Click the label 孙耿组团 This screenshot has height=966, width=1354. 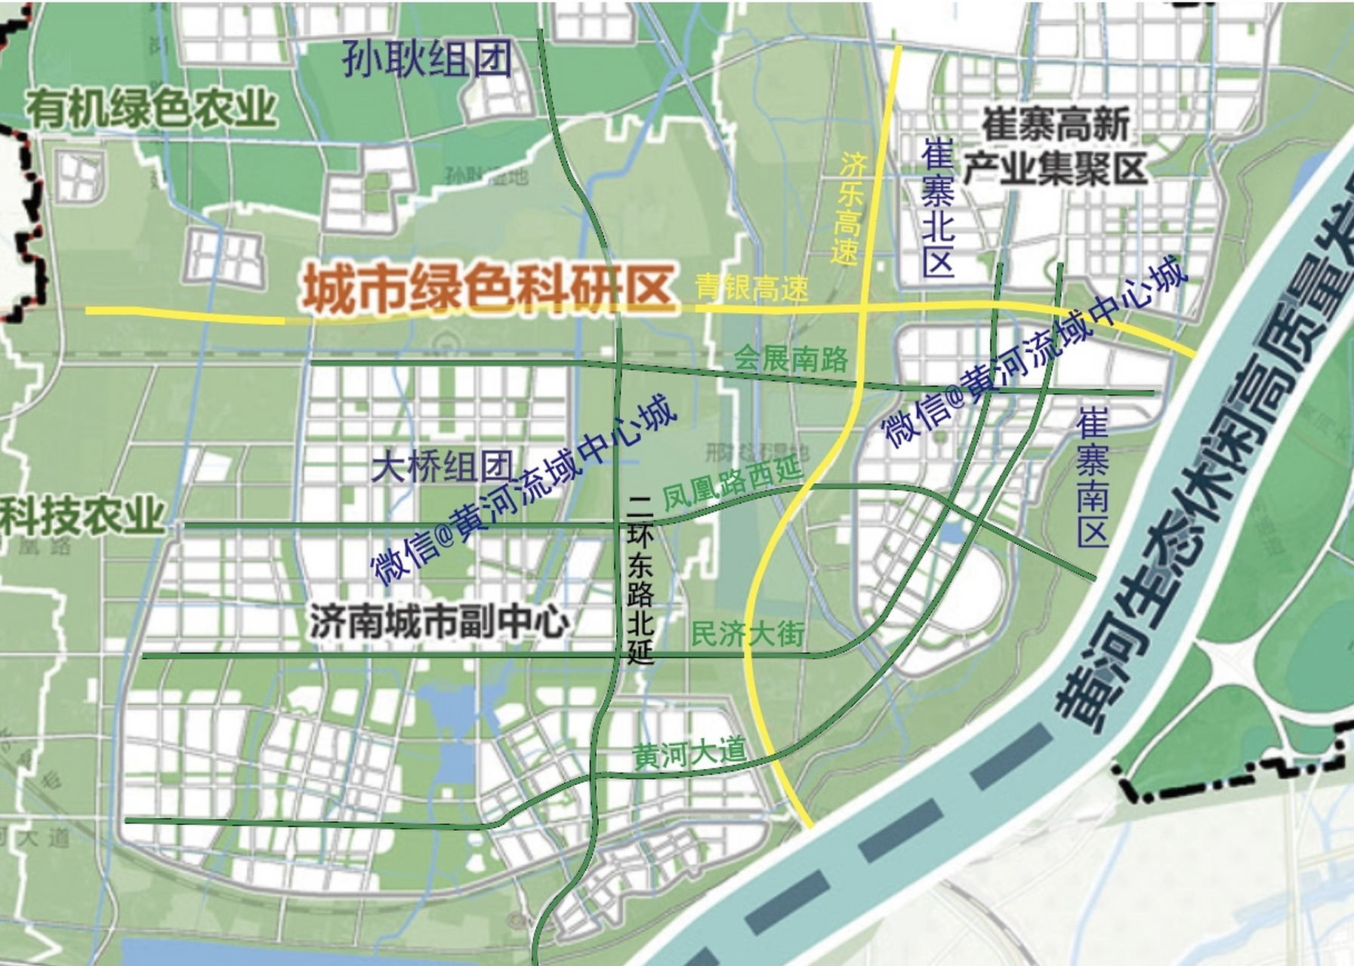[x=427, y=58]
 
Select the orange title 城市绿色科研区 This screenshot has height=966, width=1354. [x=487, y=288]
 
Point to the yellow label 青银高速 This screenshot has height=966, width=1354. [x=751, y=288]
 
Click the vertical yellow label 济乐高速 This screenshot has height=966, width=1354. [x=850, y=208]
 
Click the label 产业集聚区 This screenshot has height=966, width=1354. [x=1055, y=168]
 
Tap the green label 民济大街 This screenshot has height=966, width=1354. [x=748, y=633]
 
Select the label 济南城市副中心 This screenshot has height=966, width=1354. [x=439, y=622]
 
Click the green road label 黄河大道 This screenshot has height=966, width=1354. [x=689, y=752]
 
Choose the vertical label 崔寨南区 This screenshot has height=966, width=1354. [x=1092, y=477]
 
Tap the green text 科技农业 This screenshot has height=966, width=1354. [x=82, y=515]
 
